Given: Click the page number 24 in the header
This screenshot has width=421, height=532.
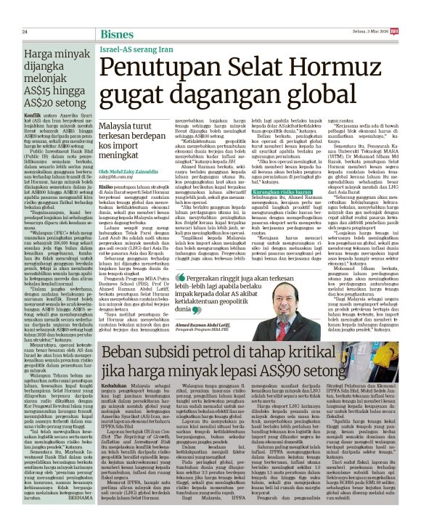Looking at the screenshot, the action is pyautogui.click(x=24, y=32).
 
